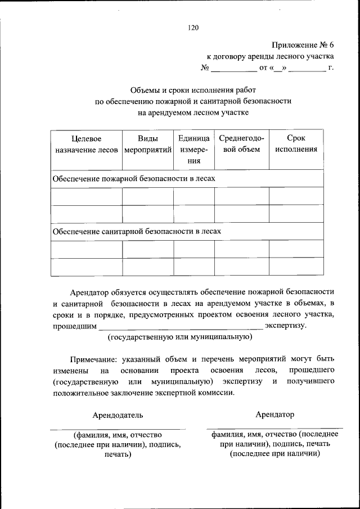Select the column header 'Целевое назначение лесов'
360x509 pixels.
point(86,143)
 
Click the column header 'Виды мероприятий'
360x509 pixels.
point(147,143)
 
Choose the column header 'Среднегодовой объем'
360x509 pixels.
point(241,143)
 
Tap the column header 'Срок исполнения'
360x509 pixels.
point(296,143)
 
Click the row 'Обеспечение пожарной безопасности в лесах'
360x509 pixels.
point(134,178)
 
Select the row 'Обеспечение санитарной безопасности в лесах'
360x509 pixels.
point(137,231)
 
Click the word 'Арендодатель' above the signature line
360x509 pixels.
point(118,415)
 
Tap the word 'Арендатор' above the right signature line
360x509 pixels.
point(274,415)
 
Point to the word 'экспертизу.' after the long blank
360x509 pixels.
point(286,326)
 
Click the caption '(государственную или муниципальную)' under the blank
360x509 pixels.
point(179,337)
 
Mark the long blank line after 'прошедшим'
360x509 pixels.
point(180,327)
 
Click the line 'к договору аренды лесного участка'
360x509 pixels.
point(270,57)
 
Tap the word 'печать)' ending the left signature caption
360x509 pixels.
point(118,455)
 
